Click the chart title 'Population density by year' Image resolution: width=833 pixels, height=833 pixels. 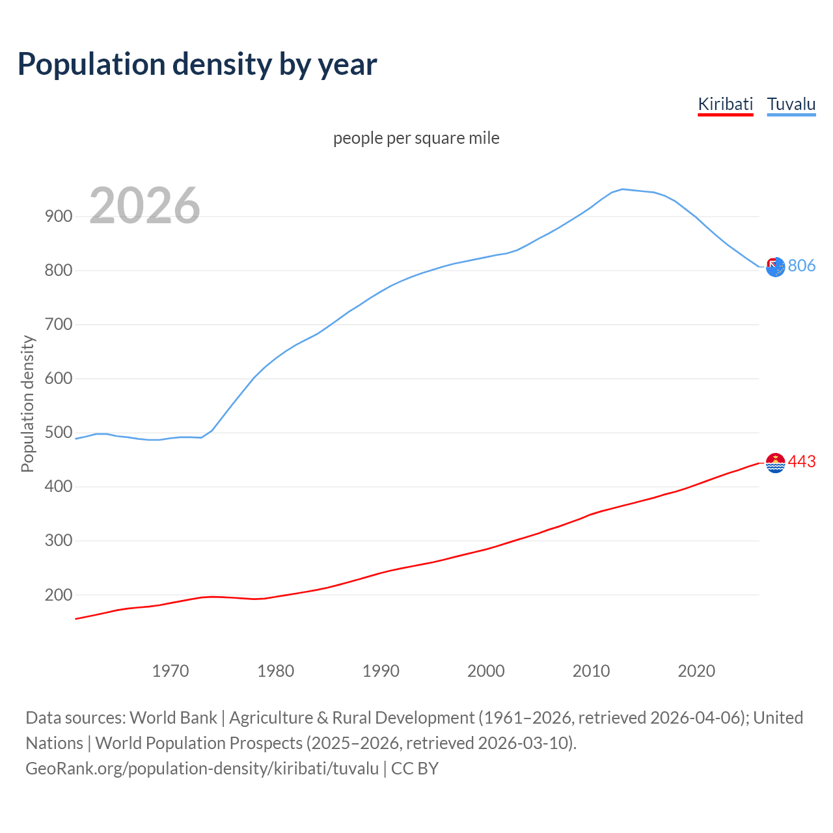coord(197,64)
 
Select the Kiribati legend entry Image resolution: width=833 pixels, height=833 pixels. coord(725,104)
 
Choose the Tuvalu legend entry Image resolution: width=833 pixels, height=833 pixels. coord(791,104)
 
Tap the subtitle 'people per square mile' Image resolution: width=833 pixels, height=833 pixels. coord(416,138)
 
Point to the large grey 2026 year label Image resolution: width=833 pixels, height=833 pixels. coord(144,206)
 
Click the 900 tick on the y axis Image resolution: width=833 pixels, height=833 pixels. coord(59,217)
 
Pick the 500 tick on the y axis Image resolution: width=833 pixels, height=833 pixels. coord(59,433)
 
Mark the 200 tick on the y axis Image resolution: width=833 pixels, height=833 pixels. coord(59,595)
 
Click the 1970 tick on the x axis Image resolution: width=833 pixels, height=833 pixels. coord(171,671)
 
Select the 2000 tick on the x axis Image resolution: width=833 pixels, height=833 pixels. coord(486,671)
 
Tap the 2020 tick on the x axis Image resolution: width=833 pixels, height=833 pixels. coord(696,671)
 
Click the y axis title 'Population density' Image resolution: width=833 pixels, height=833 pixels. coord(27,403)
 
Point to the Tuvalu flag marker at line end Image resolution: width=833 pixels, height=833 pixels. coord(775,266)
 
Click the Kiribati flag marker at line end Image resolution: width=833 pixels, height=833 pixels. coord(775,463)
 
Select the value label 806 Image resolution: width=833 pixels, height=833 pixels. coord(802,266)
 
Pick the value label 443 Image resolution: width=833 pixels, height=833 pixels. coord(802,461)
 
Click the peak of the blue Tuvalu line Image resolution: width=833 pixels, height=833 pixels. coord(623,189)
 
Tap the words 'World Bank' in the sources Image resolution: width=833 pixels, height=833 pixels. coord(173,718)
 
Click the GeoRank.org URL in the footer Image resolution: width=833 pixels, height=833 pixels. coord(202,769)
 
